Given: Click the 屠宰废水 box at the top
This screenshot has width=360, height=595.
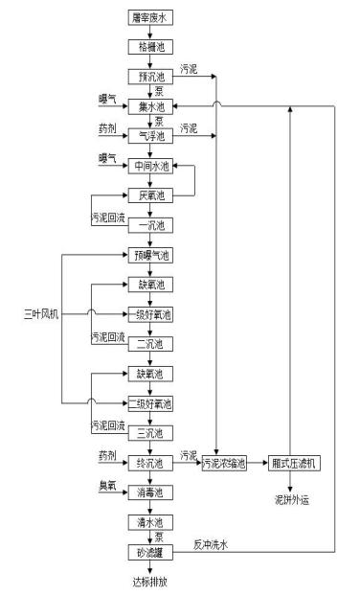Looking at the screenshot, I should (148, 17).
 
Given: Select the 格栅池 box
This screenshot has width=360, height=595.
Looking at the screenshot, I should (148, 46).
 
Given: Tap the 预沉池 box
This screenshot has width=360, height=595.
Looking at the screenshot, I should (148, 76).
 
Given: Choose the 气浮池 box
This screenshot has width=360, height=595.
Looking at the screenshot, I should (148, 135).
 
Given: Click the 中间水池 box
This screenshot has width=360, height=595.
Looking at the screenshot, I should (148, 166).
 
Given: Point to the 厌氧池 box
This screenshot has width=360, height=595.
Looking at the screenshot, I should (148, 195).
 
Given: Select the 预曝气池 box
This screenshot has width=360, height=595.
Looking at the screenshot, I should (148, 255).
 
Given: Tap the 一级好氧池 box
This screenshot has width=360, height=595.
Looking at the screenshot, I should (148, 313).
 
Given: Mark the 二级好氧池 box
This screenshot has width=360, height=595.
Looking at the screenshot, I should (148, 402).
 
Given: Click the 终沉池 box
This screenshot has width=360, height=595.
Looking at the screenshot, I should (148, 462).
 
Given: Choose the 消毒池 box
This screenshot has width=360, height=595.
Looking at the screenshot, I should (148, 492).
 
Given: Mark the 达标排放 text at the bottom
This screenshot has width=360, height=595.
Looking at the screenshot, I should (148, 581).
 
